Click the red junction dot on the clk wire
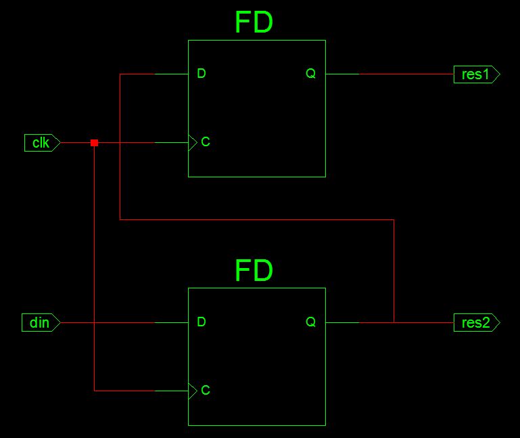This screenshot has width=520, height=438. pos(94,143)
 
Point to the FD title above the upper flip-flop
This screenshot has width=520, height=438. pos(254,23)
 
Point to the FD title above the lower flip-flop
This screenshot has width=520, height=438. pos(254,271)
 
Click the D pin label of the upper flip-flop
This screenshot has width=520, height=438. pos(202,74)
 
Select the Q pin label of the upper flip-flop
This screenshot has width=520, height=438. pos(311,74)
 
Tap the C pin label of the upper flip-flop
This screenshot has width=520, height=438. pos(206,142)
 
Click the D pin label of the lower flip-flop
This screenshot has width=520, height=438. pos(202,322)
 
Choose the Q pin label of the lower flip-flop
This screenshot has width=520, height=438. pos(311,322)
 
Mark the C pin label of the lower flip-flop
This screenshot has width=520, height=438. pos(206,391)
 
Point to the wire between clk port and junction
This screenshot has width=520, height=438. pos(76,143)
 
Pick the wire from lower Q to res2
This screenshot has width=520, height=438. pos(426,323)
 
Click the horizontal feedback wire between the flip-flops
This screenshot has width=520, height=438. pos(257,219)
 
